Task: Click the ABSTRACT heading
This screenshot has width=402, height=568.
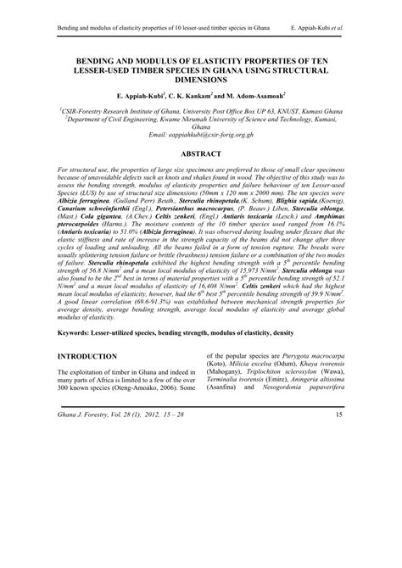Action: pyautogui.click(x=201, y=155)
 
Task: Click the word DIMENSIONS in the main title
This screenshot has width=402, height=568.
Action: pyautogui.click(x=201, y=82)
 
